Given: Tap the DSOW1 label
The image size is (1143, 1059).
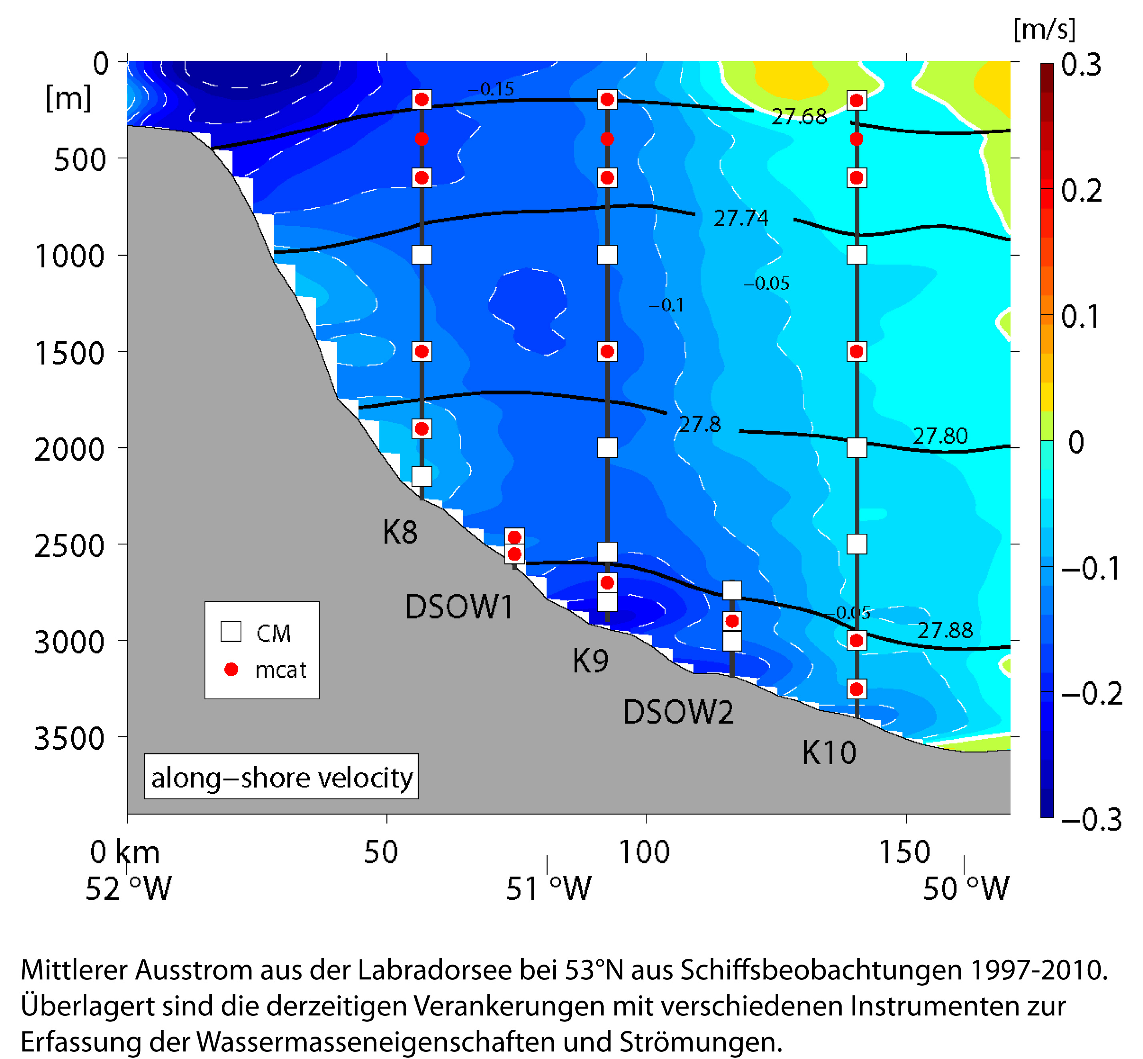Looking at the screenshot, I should [x=459, y=607].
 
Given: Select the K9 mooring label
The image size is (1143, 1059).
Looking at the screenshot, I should [x=590, y=661].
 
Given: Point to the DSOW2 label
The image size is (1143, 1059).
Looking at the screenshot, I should [x=678, y=712].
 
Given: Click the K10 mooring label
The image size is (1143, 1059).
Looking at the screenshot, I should [x=829, y=753].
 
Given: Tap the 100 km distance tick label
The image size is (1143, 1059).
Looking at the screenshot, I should [x=643, y=852].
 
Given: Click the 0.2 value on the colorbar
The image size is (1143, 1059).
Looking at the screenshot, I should [x=1081, y=191].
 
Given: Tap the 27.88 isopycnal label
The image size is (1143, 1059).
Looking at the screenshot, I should [x=945, y=631].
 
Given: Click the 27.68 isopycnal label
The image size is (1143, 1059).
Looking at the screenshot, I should [x=799, y=117].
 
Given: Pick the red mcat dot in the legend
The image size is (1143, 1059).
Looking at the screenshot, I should [x=231, y=669].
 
